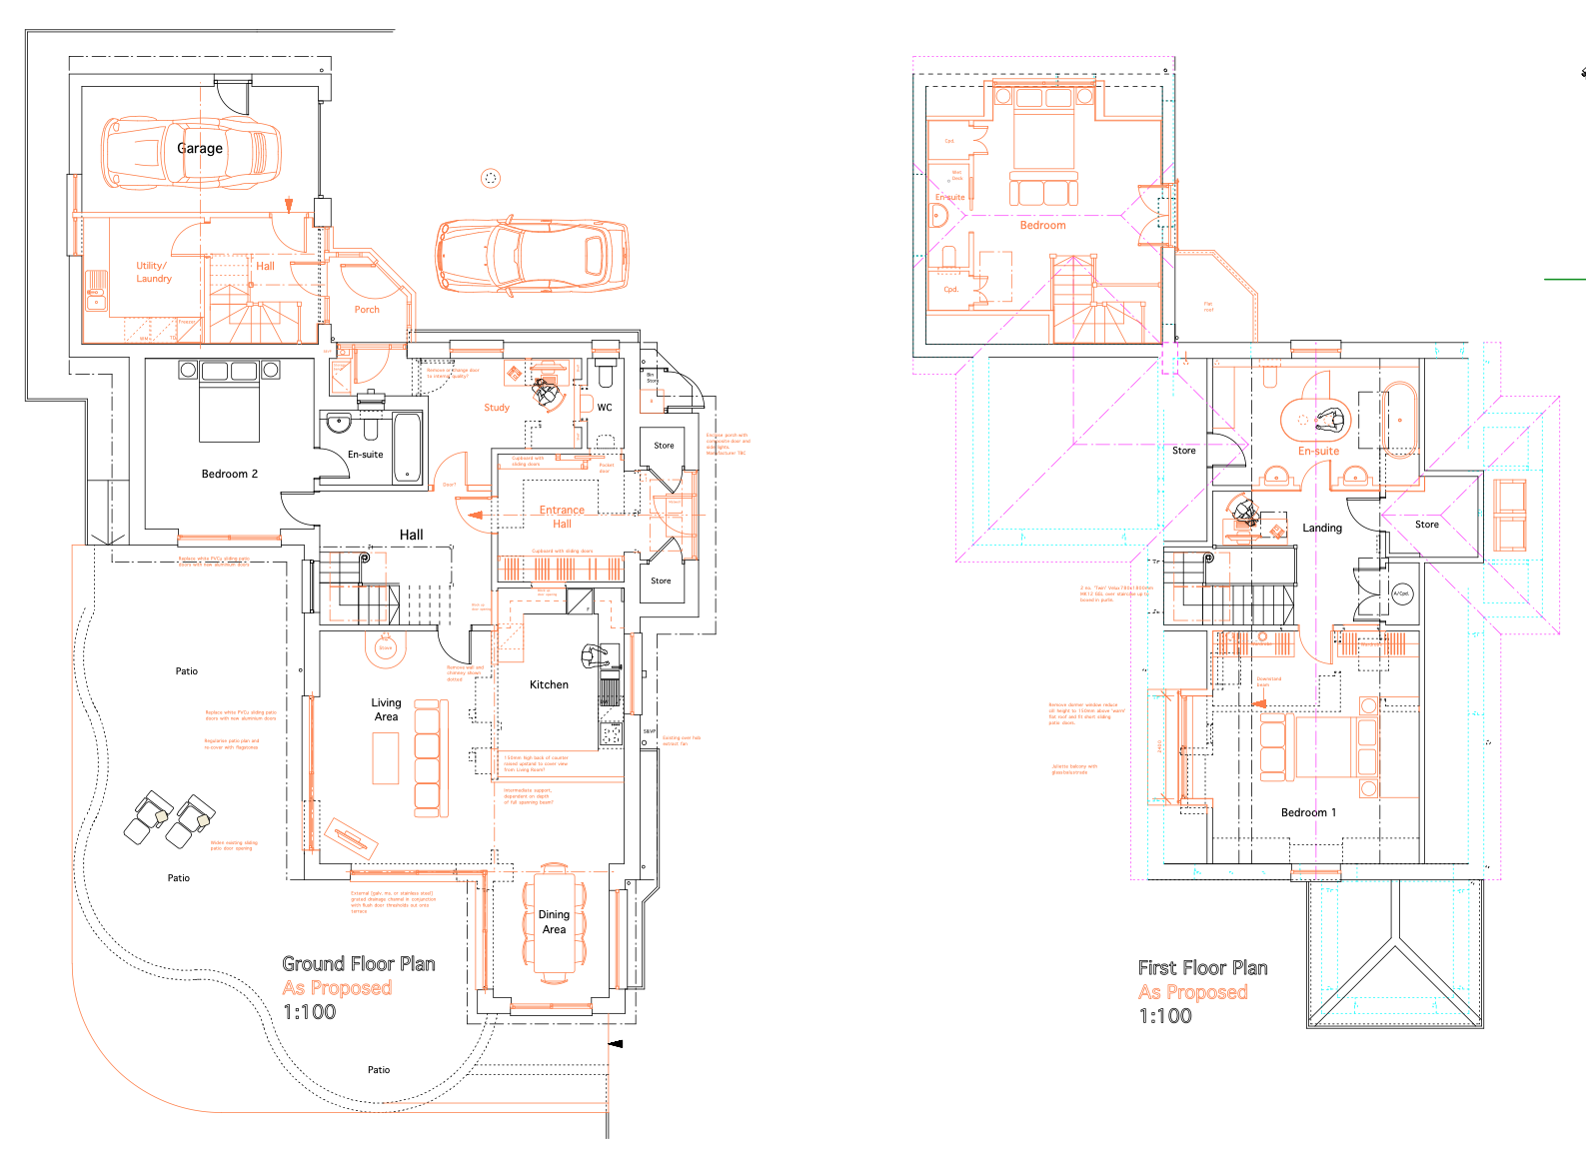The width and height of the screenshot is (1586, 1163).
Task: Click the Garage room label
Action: coord(200,148)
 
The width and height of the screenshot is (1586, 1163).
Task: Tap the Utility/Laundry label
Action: coord(154,272)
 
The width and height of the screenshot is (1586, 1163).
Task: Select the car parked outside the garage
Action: coord(533,257)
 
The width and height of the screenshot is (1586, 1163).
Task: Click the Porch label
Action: coord(367,310)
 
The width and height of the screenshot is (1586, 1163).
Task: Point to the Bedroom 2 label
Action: coord(230,474)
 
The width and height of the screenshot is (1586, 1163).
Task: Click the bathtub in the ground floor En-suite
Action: coord(408,447)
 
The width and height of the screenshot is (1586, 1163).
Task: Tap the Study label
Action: coord(497,408)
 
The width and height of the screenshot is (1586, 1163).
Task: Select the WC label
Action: coord(605,407)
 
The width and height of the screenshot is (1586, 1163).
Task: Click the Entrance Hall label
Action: coord(562,517)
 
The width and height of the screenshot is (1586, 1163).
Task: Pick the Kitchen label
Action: coord(549,684)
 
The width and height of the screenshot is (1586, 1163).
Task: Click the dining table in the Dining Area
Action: coord(554,921)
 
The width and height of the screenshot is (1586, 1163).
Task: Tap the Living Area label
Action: coord(386,709)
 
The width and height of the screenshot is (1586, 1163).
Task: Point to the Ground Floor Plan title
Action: coord(359,964)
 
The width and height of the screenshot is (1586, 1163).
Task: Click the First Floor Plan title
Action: coord(1202,968)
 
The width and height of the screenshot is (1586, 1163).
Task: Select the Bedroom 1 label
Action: coord(1308,812)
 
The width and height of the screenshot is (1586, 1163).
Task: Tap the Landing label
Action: coord(1322,528)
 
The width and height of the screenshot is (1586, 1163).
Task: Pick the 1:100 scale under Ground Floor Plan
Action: coord(310,1012)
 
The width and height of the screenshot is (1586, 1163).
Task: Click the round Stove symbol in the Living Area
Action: coord(386,647)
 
